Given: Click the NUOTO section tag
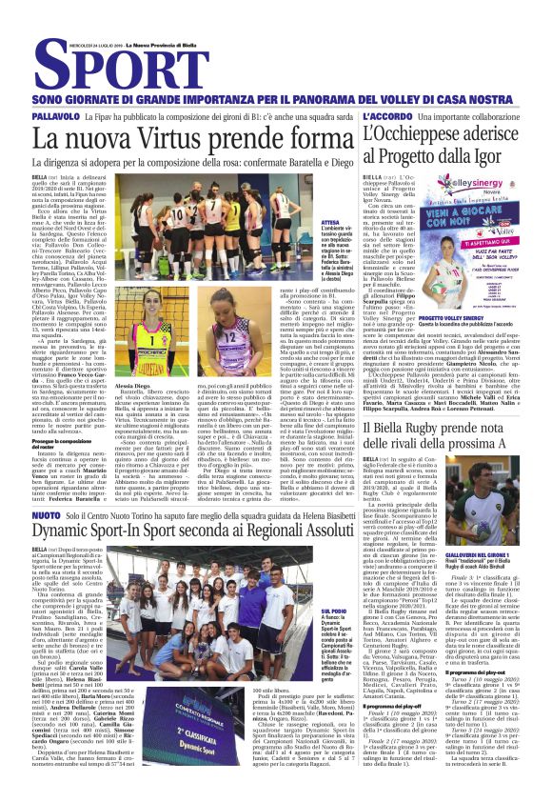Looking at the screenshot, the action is pos(47,514).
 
